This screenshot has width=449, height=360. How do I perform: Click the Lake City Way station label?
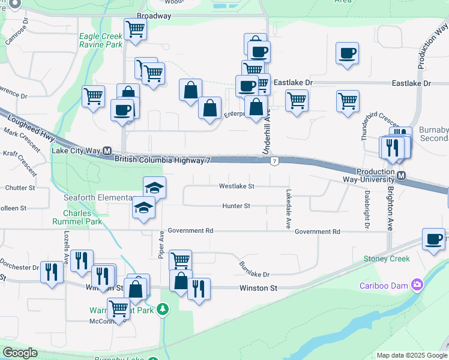pyautogui.click(x=77, y=151)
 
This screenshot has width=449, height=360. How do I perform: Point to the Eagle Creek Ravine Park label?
pyautogui.click(x=101, y=40)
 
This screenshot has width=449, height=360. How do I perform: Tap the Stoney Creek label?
pyautogui.click(x=387, y=259)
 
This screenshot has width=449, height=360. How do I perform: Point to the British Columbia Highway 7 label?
pyautogui.click(x=162, y=160)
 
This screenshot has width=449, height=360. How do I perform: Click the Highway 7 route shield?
pyautogui.click(x=274, y=161)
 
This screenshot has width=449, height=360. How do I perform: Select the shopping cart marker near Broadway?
pyautogui.click(x=136, y=29)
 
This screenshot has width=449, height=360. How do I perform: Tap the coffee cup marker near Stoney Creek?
pyautogui.click(x=433, y=239)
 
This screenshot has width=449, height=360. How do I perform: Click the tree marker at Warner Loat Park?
pyautogui.click(x=163, y=310)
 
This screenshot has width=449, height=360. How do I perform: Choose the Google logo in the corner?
pyautogui.click(x=20, y=353)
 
